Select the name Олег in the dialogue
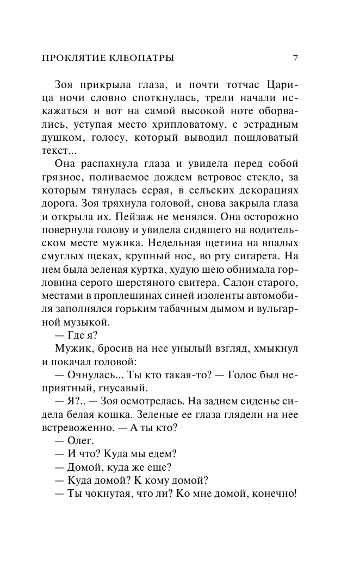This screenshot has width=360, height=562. (x=82, y=440)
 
